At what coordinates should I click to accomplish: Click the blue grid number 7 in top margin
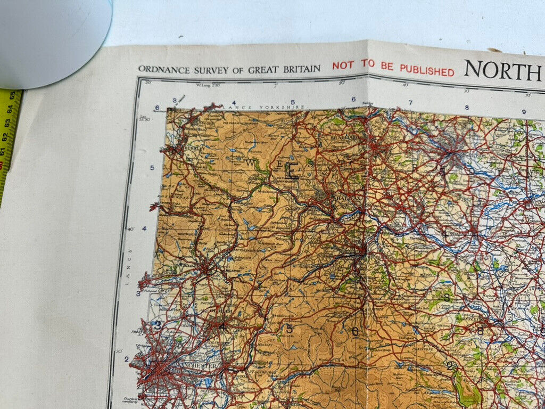[410, 103]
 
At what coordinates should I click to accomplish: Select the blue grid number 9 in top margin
[524, 112]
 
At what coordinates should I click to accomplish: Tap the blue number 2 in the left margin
[127, 358]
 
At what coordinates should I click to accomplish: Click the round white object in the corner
[53, 40]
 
